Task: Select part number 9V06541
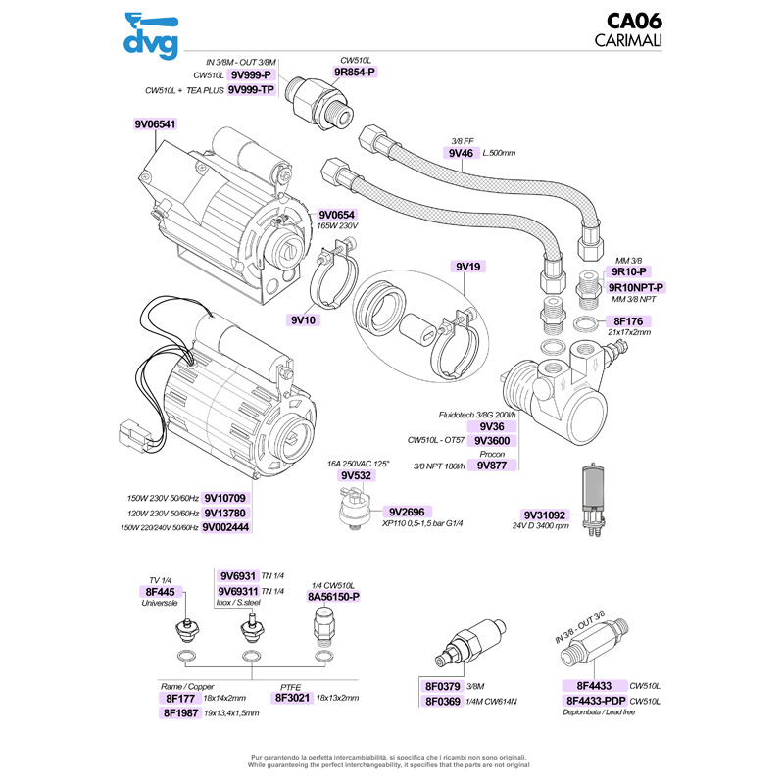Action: tap(155, 124)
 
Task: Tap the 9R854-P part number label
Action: tap(355, 73)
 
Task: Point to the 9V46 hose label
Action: tap(461, 154)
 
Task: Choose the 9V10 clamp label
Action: tap(303, 319)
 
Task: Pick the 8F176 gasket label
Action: tap(626, 320)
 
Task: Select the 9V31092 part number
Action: tap(545, 515)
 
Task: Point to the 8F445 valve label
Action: tap(160, 592)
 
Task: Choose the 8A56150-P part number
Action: tap(334, 595)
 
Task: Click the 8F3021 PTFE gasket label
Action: tap(292, 698)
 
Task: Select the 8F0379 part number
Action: tap(446, 686)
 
